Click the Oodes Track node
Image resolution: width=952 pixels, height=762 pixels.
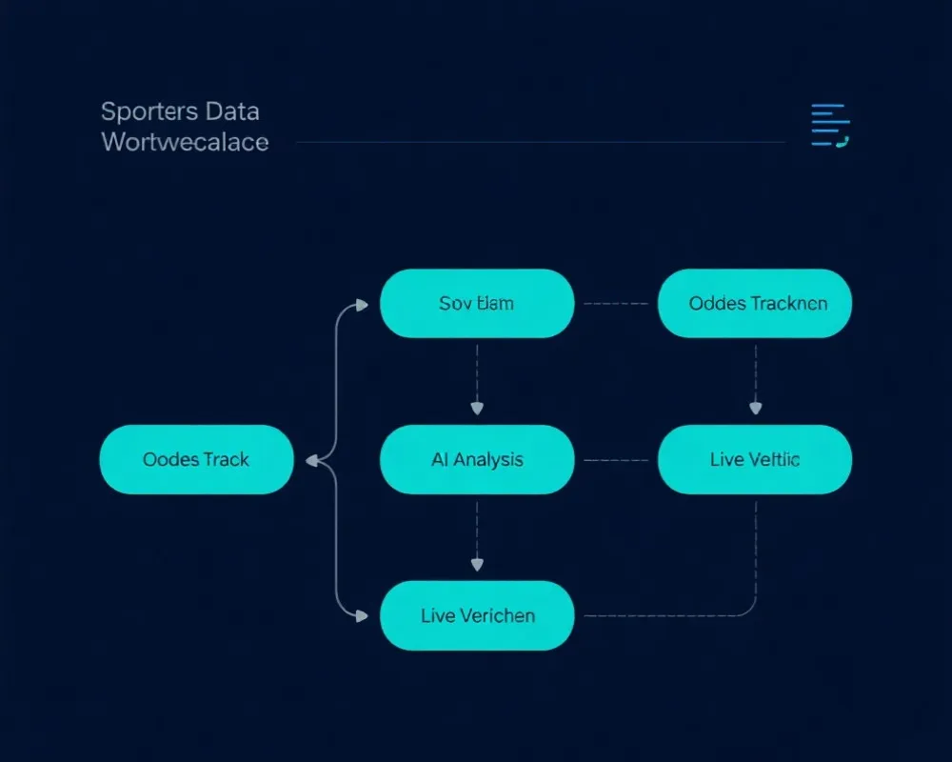coord(196,459)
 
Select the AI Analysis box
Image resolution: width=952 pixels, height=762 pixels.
coord(477,459)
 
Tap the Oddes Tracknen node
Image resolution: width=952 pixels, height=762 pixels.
coord(755,303)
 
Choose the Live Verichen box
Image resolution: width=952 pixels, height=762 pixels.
coord(477,615)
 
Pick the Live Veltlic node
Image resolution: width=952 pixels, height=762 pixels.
coord(755,459)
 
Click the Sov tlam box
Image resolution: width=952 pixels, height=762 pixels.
coord(477,303)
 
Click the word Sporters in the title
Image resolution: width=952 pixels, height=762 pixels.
coord(139,111)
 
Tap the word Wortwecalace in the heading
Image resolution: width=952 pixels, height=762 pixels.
coord(185,142)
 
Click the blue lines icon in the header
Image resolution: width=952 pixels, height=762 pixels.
coord(829,126)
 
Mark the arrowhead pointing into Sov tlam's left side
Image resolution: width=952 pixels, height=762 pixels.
coord(361,305)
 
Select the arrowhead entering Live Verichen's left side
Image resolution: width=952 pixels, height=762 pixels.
coord(361,616)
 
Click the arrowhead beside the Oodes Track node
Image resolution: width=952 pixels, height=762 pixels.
coord(311,460)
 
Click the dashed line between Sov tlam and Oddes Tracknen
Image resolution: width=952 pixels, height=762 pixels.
coord(616,304)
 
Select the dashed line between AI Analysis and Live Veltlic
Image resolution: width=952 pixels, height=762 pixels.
coord(616,460)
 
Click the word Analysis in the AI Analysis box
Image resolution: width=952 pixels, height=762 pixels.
coord(488,459)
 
